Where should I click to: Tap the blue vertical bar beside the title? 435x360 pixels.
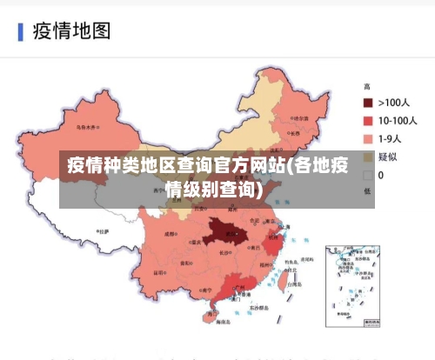[20, 32]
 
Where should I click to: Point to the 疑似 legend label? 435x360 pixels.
[388, 157]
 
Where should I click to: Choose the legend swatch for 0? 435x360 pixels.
[368, 174]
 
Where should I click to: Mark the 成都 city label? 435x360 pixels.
[170, 234]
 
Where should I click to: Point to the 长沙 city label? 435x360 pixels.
[225, 252]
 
